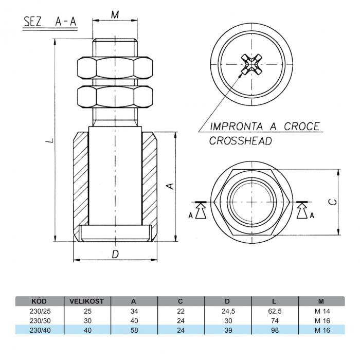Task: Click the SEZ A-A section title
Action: tap(50, 22)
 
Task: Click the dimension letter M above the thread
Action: tap(115, 15)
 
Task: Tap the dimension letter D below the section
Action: tap(115, 254)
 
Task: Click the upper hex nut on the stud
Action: tap(115, 68)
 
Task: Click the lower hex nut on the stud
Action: tap(115, 97)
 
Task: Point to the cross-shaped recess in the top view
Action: tap(251, 64)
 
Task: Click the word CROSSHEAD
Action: tap(241, 141)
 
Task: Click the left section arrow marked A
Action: tap(200, 210)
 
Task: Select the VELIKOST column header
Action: tap(87, 301)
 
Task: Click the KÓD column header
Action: tap(39, 301)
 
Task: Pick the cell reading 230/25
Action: tap(40, 311)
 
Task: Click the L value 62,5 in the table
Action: tap(275, 311)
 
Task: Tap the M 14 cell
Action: tap(322, 311)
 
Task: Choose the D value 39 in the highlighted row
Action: tap(228, 330)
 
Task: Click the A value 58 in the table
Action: tap(134, 330)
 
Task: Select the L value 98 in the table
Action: tap(275, 330)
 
